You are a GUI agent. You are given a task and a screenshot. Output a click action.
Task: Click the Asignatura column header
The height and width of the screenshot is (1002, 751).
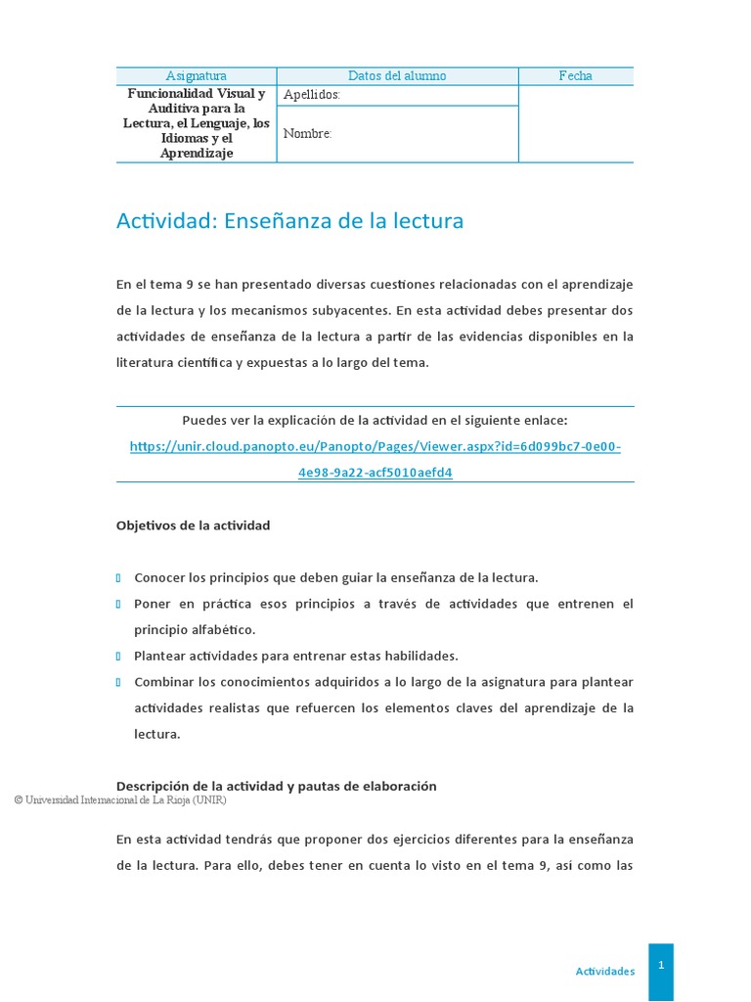click(x=196, y=75)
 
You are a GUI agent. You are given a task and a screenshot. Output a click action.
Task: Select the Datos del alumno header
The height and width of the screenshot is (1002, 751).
click(x=397, y=75)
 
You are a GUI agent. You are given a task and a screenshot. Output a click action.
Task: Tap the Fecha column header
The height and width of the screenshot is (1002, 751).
click(x=575, y=75)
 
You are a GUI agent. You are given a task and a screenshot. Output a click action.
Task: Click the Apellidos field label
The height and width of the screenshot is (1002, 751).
click(x=311, y=95)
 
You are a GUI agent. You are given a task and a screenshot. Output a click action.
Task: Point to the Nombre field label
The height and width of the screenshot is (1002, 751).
click(x=307, y=134)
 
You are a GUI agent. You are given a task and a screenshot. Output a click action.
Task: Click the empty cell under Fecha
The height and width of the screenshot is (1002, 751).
click(x=575, y=123)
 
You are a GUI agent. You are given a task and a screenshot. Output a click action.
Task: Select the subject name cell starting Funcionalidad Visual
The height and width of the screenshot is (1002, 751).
click(x=196, y=123)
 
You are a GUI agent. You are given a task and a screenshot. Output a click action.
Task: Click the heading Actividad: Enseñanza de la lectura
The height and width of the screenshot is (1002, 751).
click(x=289, y=221)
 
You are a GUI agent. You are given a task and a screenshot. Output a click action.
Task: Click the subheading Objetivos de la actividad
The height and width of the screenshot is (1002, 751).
click(x=193, y=525)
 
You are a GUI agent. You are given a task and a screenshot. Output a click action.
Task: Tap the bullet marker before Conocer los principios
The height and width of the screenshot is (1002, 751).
click(x=118, y=578)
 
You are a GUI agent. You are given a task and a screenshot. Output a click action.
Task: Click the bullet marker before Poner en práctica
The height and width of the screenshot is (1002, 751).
click(x=118, y=604)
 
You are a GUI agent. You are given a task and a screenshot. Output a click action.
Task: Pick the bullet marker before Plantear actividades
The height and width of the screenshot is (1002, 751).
click(x=118, y=656)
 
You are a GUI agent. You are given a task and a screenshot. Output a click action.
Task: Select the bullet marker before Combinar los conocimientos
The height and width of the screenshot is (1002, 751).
click(x=118, y=681)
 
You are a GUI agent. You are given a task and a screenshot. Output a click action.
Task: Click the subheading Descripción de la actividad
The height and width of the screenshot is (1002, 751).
click(x=276, y=786)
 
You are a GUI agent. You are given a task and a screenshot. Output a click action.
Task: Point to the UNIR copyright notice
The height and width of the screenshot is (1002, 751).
click(x=120, y=800)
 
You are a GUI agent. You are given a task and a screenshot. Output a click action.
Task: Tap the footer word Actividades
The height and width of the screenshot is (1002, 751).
click(x=604, y=972)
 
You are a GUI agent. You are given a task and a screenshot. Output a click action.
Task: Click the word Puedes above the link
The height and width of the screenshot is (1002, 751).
click(x=203, y=421)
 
